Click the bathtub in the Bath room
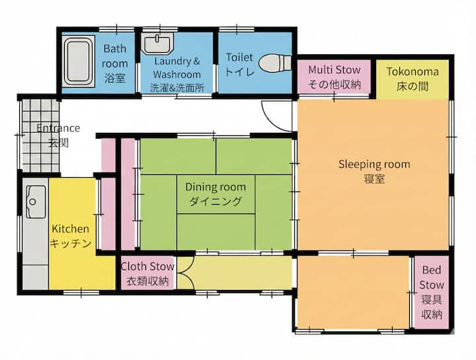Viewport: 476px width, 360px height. [x=78, y=61]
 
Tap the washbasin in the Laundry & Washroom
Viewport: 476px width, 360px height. [x=157, y=44]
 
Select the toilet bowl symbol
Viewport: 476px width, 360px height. [x=275, y=63]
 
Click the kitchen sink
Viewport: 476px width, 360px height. [x=36, y=201]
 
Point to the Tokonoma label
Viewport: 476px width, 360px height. [x=413, y=71]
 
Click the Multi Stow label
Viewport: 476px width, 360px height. [x=335, y=70]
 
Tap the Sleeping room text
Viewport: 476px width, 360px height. [x=374, y=164]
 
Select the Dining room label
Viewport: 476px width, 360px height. [x=216, y=187]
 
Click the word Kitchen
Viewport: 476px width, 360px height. [x=71, y=229]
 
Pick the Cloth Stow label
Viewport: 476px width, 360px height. [x=147, y=266]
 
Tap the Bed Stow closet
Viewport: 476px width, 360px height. [x=431, y=293]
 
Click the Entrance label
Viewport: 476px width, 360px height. [x=58, y=128]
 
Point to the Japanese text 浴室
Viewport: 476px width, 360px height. [x=115, y=78]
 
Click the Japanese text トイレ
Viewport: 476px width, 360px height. [x=239, y=71]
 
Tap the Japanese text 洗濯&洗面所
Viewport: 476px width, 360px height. [x=177, y=88]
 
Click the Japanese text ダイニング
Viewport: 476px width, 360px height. [x=216, y=201]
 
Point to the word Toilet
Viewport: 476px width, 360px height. [x=239, y=57]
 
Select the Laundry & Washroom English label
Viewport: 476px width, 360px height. [x=177, y=67]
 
